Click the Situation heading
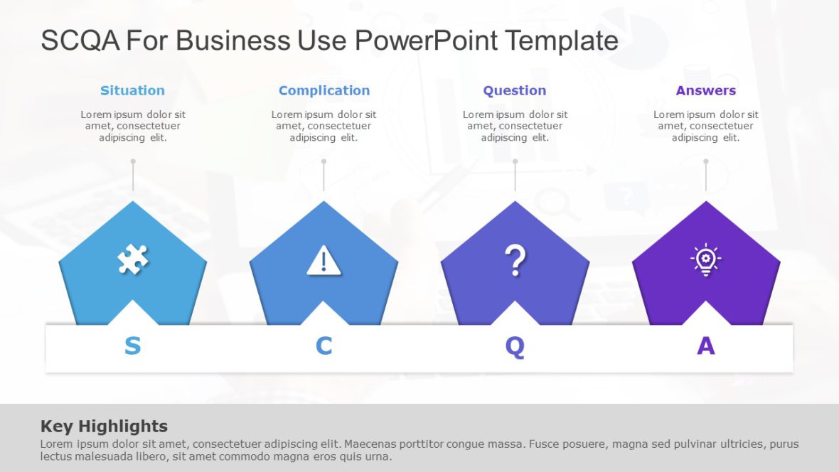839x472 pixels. point(132,90)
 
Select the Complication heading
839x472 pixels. point(324,90)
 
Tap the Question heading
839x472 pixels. point(514,90)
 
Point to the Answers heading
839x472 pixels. point(705,90)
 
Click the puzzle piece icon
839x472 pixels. point(132,260)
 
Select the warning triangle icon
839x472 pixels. point(324,261)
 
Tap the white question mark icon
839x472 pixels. point(515,260)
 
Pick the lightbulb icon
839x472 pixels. point(705,260)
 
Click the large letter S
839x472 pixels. point(132,345)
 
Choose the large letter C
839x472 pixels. point(324,345)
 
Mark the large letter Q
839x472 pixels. point(515,346)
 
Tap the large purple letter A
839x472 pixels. point(705,345)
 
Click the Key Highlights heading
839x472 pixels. point(104,426)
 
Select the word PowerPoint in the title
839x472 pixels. point(426,41)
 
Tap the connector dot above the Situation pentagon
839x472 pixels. point(133,161)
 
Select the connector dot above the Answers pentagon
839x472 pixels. point(706,161)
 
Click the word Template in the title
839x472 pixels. point(562,41)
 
